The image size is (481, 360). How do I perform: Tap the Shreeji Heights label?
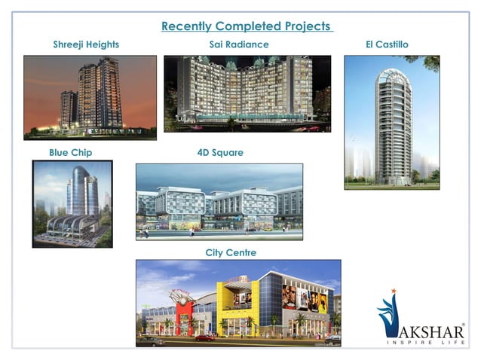(x=86, y=45)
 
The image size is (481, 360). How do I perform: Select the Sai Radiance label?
(x=239, y=45)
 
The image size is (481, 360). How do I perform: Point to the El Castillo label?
(x=387, y=45)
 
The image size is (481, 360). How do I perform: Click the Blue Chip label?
(x=71, y=153)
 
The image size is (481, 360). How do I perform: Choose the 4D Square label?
(x=220, y=153)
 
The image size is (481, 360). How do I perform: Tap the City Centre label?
(x=231, y=252)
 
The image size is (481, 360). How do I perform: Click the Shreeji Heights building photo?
(x=90, y=97)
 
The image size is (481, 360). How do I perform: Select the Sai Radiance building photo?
(x=247, y=93)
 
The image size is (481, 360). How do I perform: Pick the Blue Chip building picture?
(x=72, y=203)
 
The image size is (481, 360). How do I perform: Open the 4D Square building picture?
(x=219, y=202)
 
